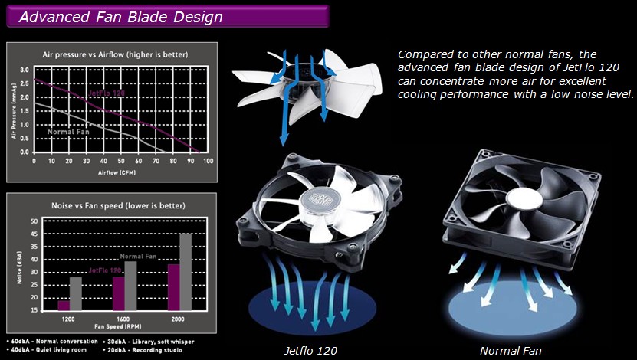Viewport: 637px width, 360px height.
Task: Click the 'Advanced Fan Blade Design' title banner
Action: tap(167, 16)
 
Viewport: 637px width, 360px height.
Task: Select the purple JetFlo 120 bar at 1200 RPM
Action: tap(64, 306)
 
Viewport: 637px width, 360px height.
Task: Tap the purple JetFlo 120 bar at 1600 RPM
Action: tap(119, 294)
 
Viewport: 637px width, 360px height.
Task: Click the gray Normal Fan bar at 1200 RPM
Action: tap(76, 294)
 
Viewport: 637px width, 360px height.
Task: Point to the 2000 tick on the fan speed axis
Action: tap(178, 319)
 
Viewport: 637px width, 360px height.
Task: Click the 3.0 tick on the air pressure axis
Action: tap(25, 70)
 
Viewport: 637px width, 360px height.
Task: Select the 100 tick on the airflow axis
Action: tap(208, 161)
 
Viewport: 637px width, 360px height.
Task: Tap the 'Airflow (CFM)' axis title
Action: tap(117, 172)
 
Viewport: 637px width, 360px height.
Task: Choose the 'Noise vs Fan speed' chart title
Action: tap(118, 206)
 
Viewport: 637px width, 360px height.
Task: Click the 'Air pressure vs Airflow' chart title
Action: tap(116, 54)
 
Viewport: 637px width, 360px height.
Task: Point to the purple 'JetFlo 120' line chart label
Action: tap(107, 93)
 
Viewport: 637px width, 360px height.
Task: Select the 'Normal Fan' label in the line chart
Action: tap(68, 132)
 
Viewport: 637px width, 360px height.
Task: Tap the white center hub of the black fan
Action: tap(524, 199)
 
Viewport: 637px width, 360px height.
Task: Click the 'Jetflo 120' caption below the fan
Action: tap(310, 350)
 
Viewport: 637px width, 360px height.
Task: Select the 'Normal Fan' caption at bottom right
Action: tap(511, 350)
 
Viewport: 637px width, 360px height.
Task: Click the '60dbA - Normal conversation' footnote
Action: tap(53, 342)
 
